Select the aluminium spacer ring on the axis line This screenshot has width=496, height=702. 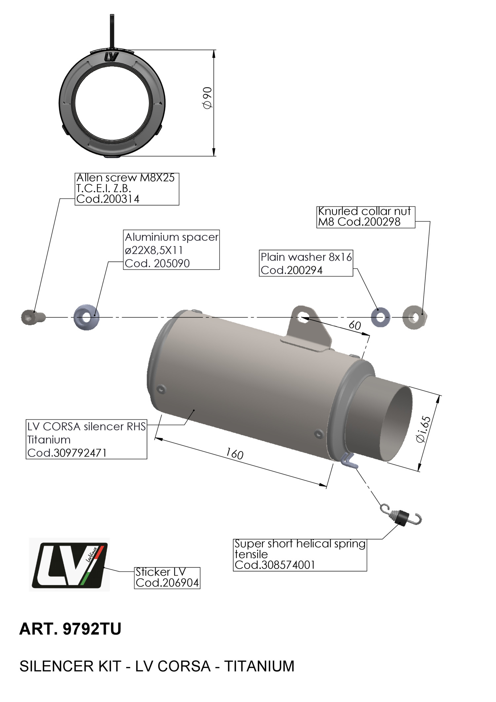[x=86, y=317]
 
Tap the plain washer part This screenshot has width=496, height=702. [x=381, y=317]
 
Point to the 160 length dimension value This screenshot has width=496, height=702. [x=234, y=454]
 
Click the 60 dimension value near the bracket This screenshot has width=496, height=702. [x=355, y=325]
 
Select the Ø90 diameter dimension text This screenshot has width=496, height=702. [x=207, y=98]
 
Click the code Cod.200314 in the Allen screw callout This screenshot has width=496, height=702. [x=108, y=199]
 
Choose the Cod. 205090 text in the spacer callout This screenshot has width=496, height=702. [x=157, y=263]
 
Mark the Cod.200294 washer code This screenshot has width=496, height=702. [x=291, y=270]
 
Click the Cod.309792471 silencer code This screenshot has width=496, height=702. [x=67, y=453]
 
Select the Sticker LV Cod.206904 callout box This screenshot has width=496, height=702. [x=167, y=578]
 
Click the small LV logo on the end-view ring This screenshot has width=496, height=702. [x=111, y=57]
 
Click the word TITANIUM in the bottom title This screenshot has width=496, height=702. [x=259, y=666]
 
